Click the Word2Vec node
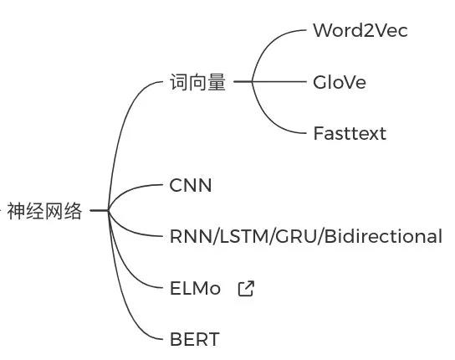coord(360,30)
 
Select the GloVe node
coord(340,82)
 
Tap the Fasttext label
coord(350,134)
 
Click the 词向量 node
coord(197,82)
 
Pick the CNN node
coord(191,185)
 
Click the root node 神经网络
coord(44,211)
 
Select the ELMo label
coord(195,289)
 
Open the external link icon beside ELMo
coord(246,288)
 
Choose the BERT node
coord(194,339)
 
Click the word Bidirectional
coord(383,236)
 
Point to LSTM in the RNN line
coord(244,236)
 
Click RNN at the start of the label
coord(192,236)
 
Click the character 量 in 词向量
coord(217,82)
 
